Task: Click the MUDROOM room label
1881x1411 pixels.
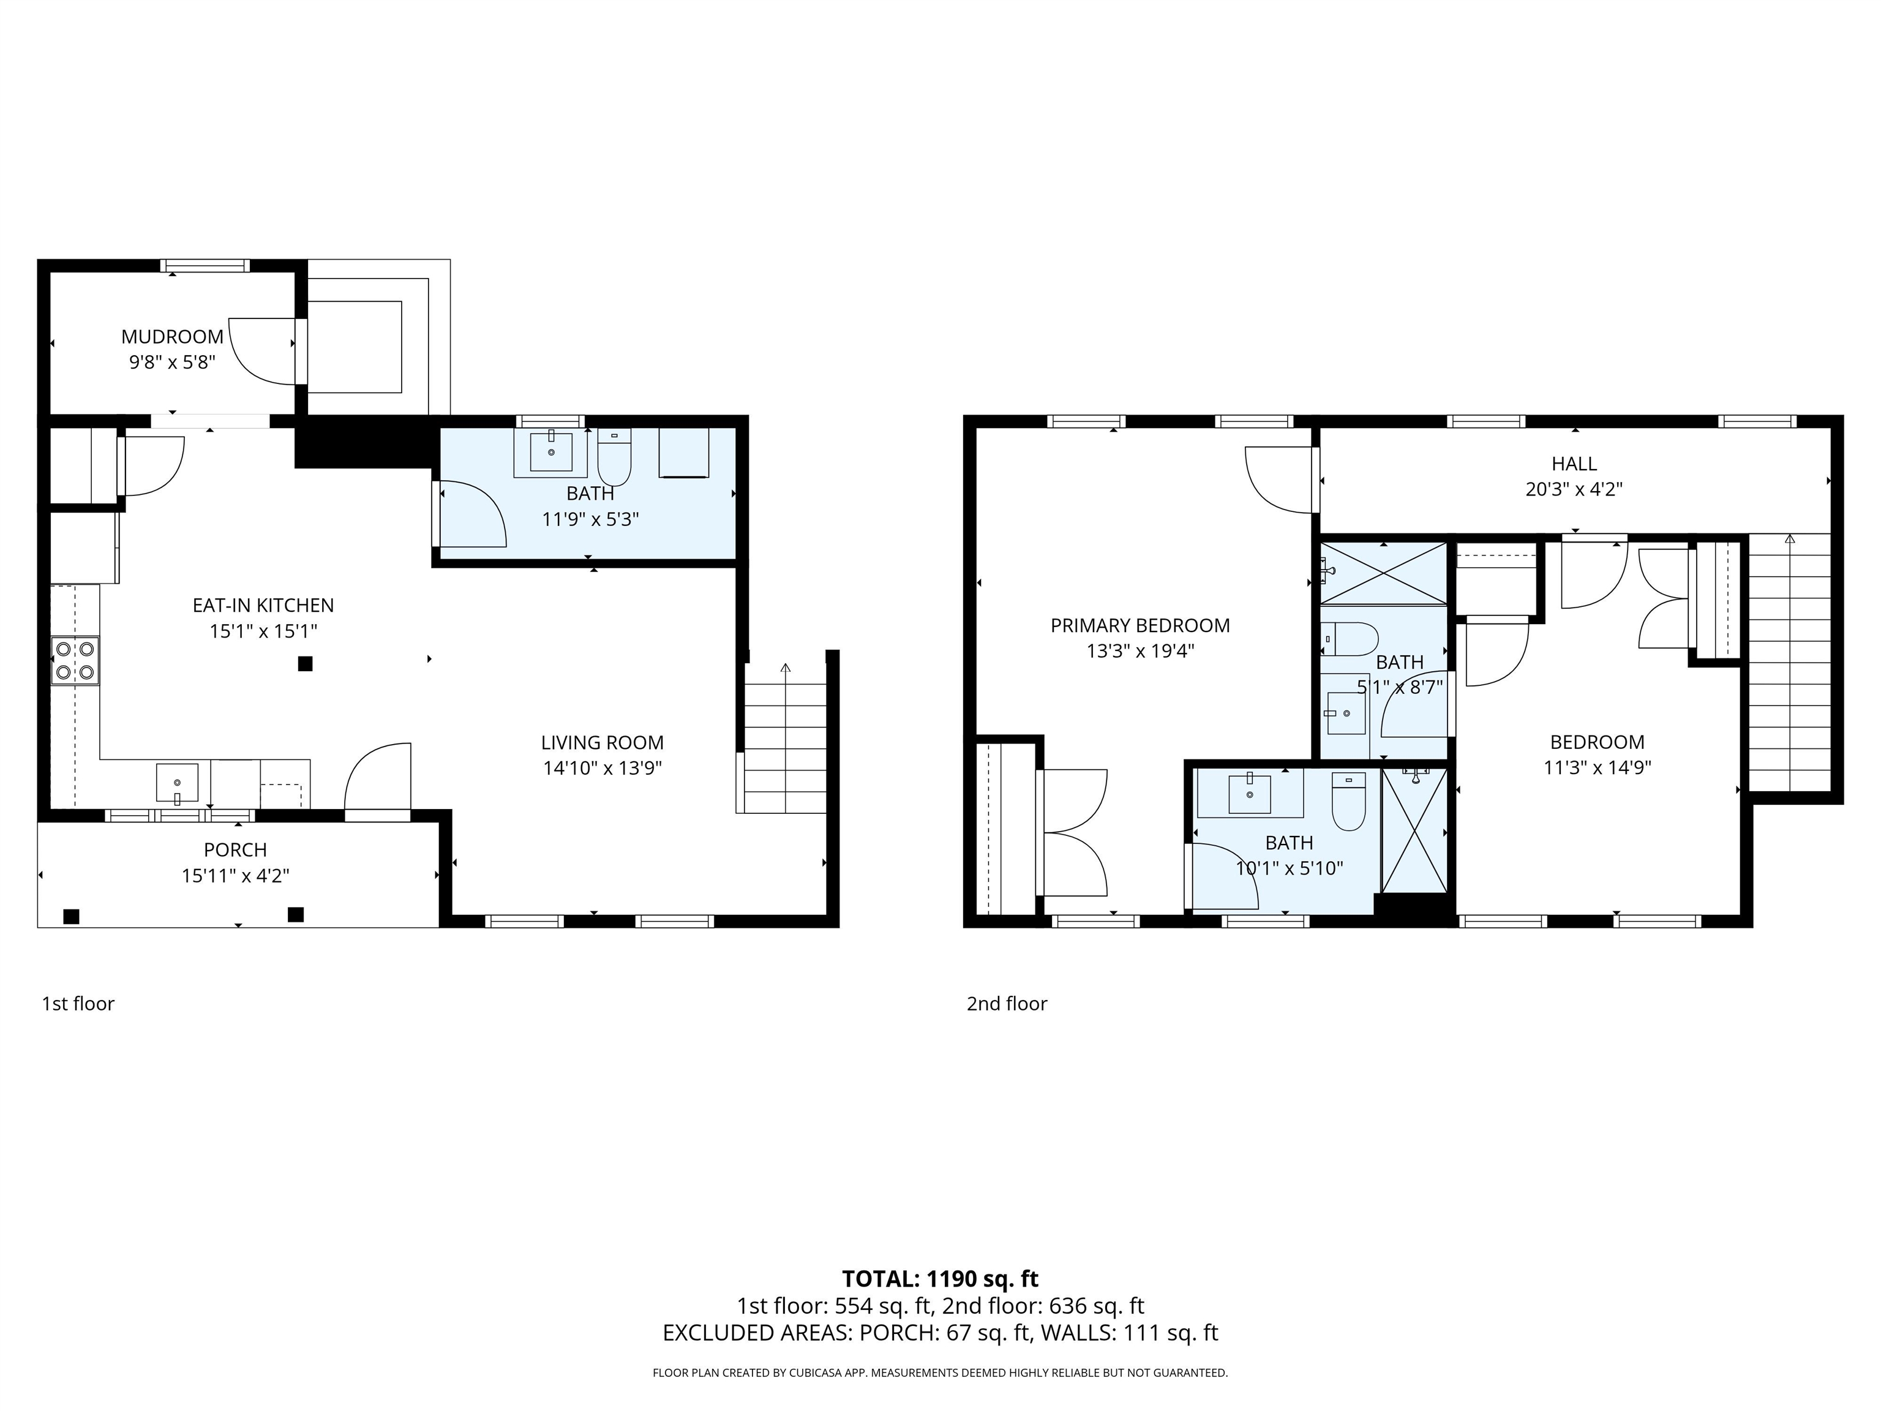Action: coord(172,337)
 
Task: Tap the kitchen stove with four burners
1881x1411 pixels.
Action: coord(75,661)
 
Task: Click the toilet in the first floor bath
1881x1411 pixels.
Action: coord(614,457)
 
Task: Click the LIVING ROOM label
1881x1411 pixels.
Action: coord(602,742)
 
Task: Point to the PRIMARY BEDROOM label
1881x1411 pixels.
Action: coord(1139,626)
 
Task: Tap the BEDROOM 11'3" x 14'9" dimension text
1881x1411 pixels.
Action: coord(1597,768)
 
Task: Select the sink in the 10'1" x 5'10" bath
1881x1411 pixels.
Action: coord(1249,794)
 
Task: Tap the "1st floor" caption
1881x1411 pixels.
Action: coord(78,1004)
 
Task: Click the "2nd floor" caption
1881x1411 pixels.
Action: coord(1006,1004)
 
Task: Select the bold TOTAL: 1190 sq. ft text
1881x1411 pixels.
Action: coord(940,1278)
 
